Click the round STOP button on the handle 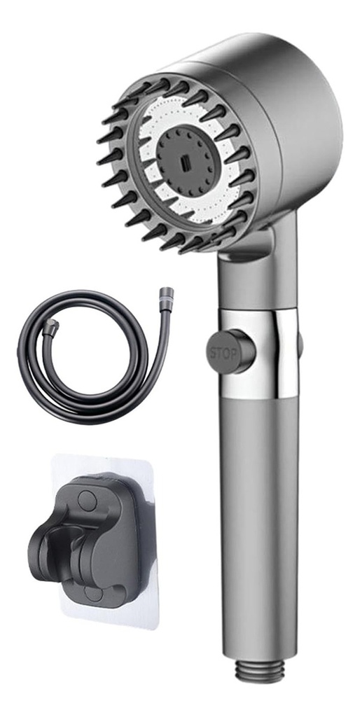[230, 351]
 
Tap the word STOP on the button [223, 354]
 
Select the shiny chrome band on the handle [259, 353]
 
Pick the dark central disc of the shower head [186, 160]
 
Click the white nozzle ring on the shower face [190, 160]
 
